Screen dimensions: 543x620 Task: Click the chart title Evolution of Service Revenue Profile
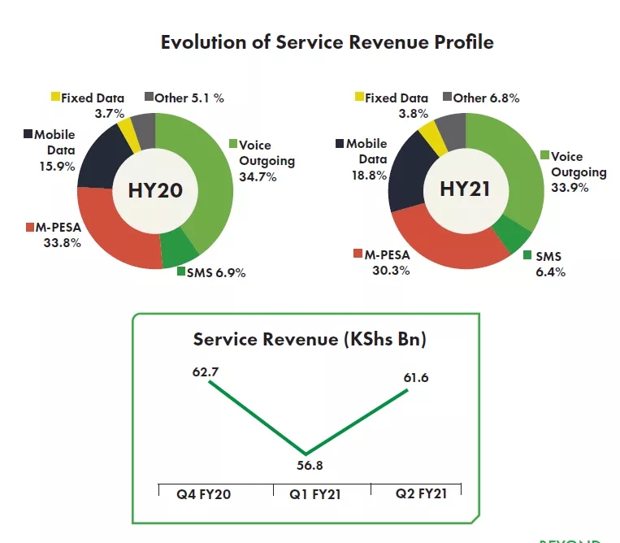pos(327,42)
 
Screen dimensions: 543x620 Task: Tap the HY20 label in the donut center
pos(155,191)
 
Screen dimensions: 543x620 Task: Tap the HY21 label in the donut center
pos(466,189)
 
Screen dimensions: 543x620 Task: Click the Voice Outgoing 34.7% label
pos(267,160)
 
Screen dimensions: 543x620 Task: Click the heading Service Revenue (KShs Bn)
pos(310,340)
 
